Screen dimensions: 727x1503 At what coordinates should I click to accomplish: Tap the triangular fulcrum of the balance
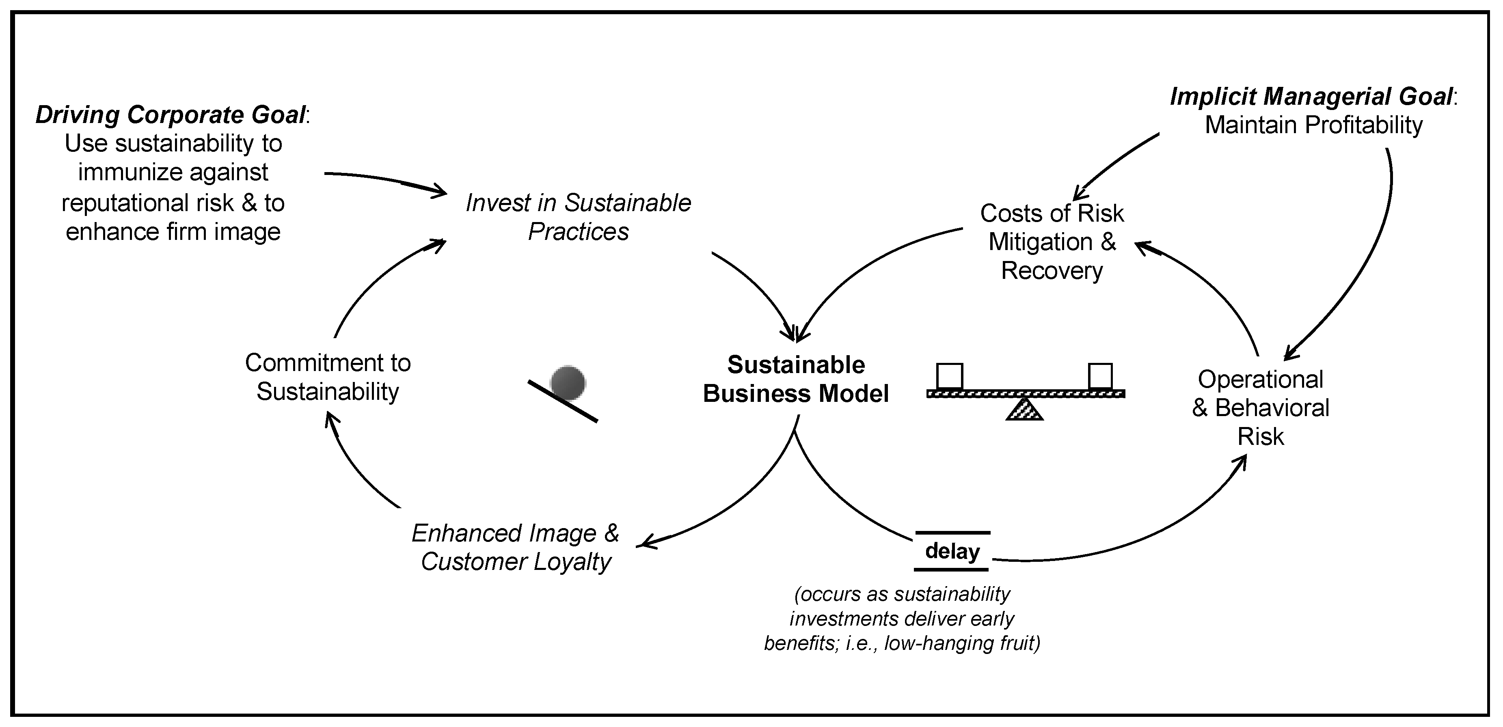click(1025, 410)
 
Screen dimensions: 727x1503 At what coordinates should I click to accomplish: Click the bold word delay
click(952, 551)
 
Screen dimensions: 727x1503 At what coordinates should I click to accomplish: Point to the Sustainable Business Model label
click(796, 379)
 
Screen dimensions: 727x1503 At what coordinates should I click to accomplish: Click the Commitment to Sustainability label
click(328, 377)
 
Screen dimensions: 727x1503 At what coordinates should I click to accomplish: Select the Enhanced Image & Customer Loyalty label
click(516, 547)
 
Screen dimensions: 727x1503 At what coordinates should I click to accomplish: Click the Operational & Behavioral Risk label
click(1260, 408)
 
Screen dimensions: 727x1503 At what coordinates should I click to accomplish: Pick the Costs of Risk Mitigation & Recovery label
click(1052, 242)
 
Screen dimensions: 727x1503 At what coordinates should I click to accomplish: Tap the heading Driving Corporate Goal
click(171, 115)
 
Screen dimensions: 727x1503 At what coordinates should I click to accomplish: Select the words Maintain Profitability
click(1313, 125)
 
